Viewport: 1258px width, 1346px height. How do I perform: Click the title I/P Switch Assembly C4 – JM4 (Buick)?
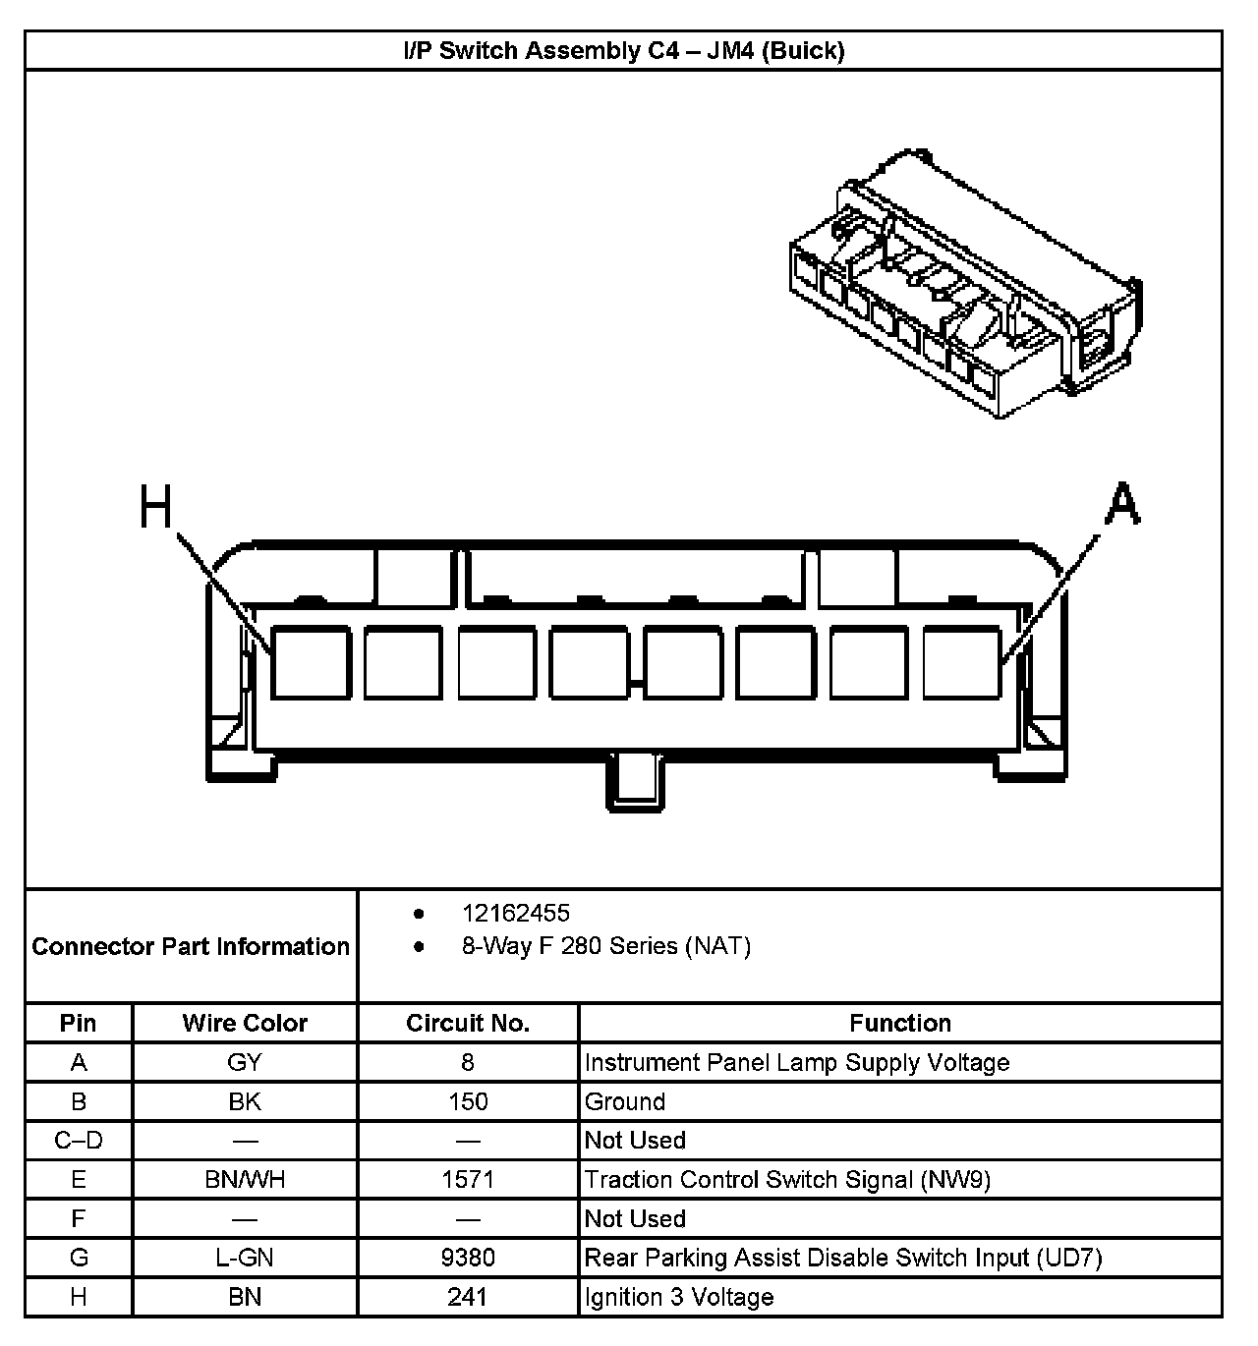pos(623,50)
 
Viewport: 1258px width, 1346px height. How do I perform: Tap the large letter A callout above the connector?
pos(1120,505)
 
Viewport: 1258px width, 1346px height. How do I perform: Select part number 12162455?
pos(516,913)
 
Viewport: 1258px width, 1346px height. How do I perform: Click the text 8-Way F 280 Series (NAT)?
pos(606,946)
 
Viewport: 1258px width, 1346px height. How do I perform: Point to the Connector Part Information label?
pos(191,946)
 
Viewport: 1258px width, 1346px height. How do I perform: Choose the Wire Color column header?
pos(245,1023)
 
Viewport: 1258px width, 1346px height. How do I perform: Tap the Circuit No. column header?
pos(468,1023)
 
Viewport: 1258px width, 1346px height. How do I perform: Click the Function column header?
pos(900,1023)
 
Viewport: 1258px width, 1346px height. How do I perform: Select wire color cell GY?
pos(245,1062)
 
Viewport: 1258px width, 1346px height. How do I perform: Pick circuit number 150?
pos(468,1101)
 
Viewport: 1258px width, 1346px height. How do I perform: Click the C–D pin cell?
pos(79,1141)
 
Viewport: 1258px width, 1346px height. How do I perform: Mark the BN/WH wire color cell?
pos(245,1179)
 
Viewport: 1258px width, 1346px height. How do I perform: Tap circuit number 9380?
pos(468,1258)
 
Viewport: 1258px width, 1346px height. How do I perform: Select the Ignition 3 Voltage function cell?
pos(679,1297)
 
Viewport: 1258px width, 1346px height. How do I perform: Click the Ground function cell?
pos(625,1101)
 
